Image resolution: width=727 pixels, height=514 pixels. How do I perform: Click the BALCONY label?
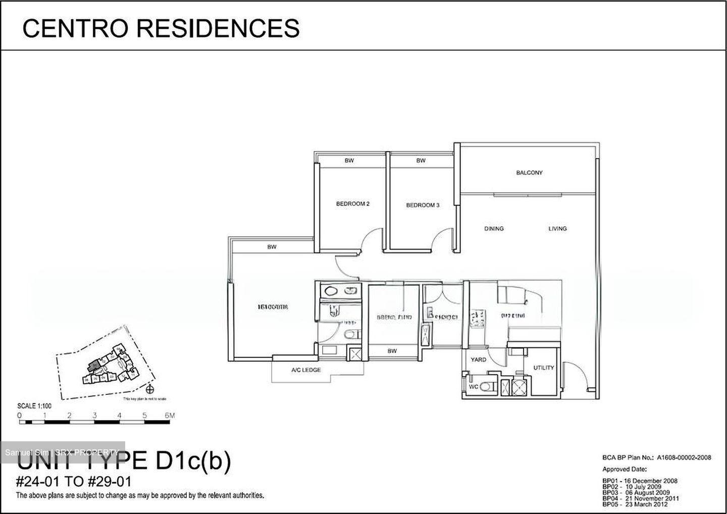click(x=529, y=173)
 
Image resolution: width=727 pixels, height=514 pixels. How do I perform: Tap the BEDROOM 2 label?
click(x=353, y=204)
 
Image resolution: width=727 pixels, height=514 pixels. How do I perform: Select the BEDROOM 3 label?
click(x=423, y=205)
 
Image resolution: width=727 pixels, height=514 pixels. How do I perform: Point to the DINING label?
click(x=494, y=229)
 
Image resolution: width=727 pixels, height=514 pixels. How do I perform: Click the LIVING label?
click(x=557, y=229)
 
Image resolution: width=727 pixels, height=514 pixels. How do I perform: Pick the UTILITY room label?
click(x=543, y=368)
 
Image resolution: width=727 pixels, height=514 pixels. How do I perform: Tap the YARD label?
click(x=478, y=359)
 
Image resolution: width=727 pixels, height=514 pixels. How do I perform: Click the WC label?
click(x=474, y=386)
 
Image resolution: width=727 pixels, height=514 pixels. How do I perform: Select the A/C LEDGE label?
click(x=306, y=370)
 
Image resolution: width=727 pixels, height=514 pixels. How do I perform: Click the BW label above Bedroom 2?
click(x=349, y=161)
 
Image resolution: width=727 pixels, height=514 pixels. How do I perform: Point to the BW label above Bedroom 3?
click(x=421, y=161)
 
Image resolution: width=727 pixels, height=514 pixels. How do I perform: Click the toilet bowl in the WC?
click(x=487, y=387)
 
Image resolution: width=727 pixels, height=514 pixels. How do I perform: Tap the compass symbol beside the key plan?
click(x=149, y=389)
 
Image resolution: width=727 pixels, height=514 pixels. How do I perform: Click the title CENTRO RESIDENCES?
click(x=161, y=28)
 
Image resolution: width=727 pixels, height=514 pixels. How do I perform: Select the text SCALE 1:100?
click(x=34, y=406)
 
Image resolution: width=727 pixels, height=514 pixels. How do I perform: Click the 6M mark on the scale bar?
click(x=170, y=416)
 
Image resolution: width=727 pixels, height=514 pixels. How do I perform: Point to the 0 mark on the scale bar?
click(x=19, y=416)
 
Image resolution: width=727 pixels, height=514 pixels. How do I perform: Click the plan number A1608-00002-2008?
click(x=684, y=457)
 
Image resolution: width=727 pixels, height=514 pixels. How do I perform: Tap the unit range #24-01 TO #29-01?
click(x=74, y=481)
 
